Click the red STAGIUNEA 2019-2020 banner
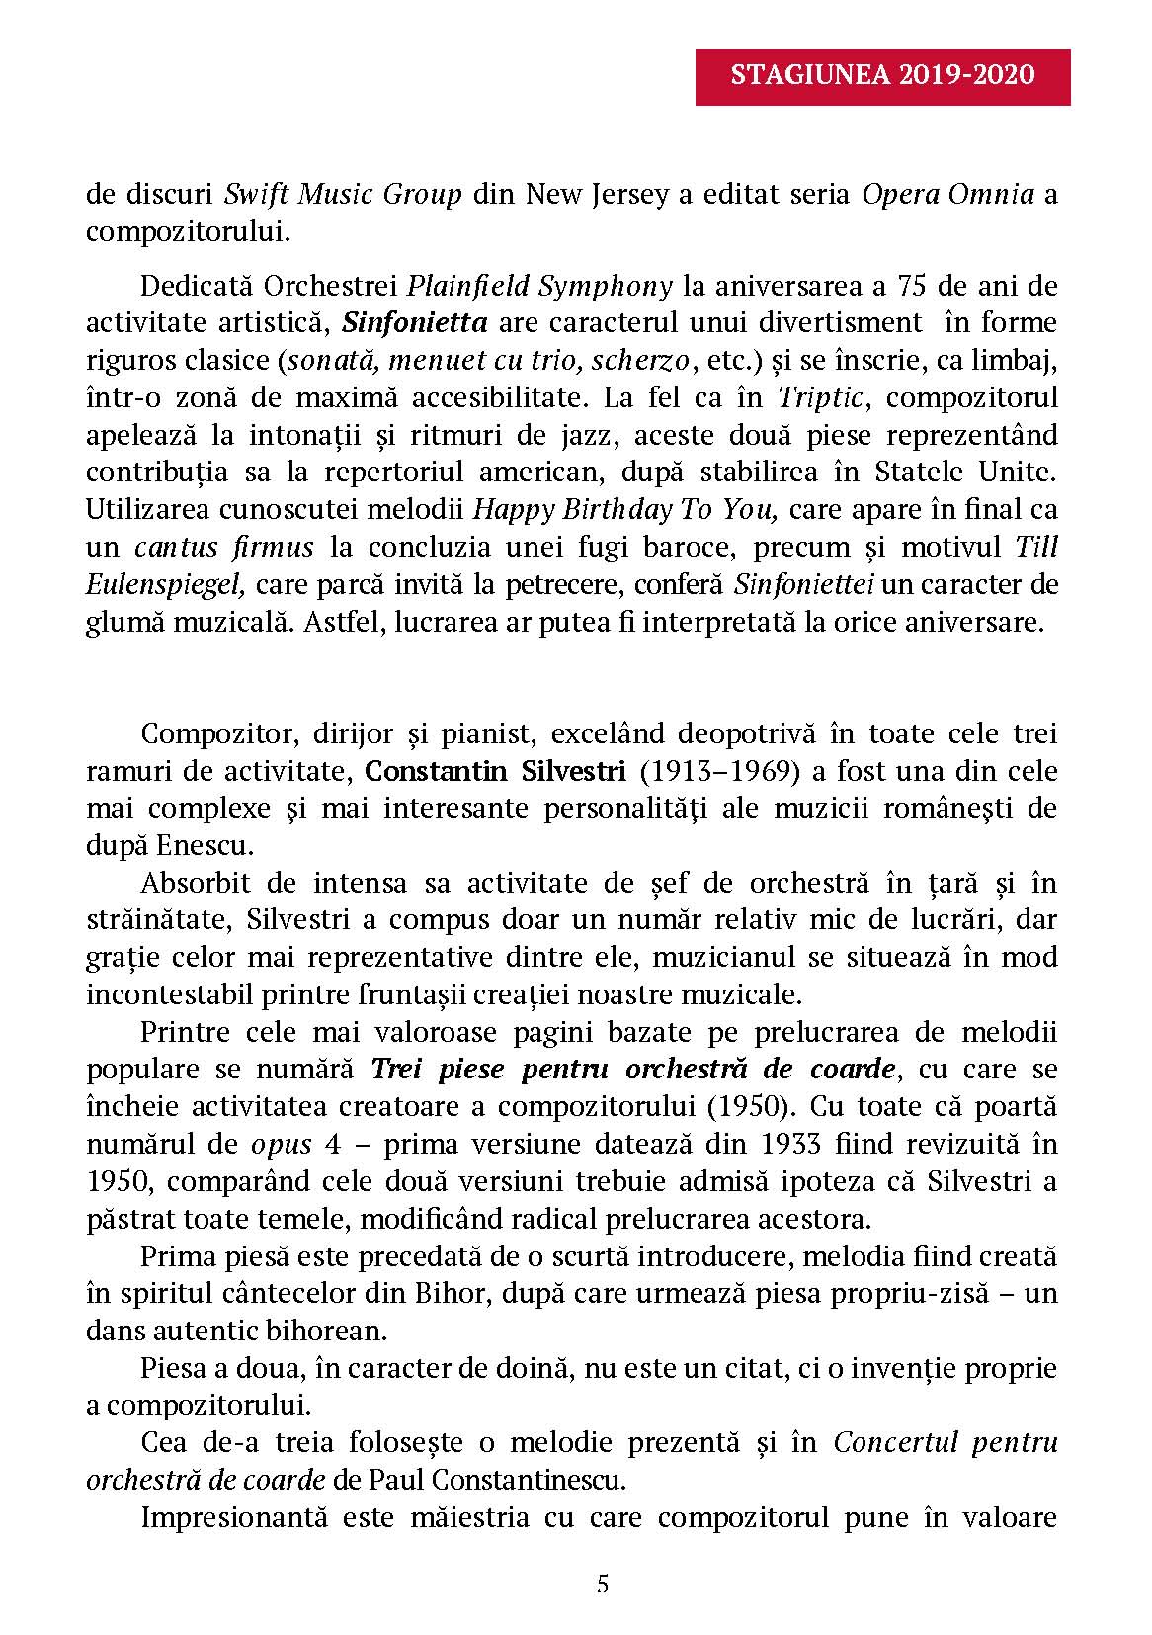882,76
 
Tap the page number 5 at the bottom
603,1585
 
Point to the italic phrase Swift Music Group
343,194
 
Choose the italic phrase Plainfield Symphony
539,287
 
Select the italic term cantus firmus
224,547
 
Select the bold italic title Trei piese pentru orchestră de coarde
634,1070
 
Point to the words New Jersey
596,194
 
